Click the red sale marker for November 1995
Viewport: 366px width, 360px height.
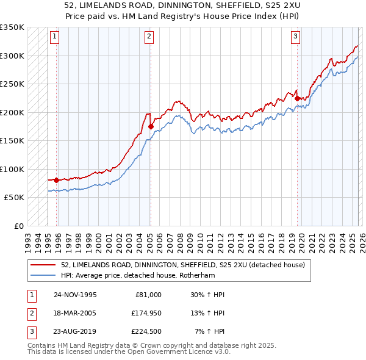click(x=56, y=180)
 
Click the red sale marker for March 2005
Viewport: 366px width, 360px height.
click(x=151, y=127)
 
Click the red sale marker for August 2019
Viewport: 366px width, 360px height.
click(x=297, y=98)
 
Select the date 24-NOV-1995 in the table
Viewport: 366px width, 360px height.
click(x=75, y=295)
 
